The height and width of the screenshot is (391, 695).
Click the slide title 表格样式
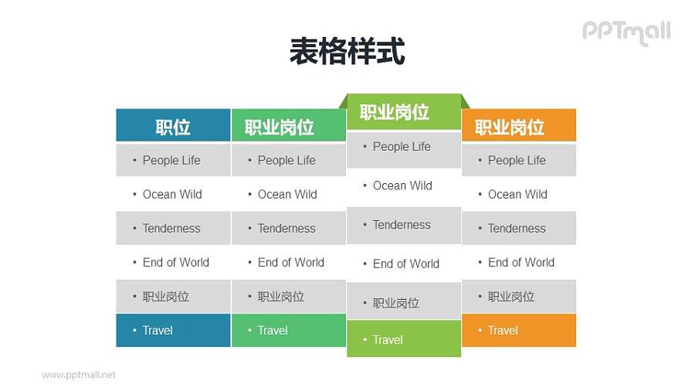pyautogui.click(x=347, y=52)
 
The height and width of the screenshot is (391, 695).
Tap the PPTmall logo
pyautogui.click(x=625, y=32)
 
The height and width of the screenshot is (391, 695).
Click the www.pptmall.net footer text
pyautogui.click(x=79, y=375)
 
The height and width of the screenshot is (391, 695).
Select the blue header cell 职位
pyautogui.click(x=173, y=126)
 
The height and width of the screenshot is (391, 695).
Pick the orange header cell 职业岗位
pyautogui.click(x=519, y=126)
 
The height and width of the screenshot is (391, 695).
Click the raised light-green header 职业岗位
pyautogui.click(x=403, y=112)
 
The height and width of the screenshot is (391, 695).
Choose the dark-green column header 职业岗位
pyautogui.click(x=288, y=126)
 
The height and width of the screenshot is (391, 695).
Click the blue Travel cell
pyautogui.click(x=173, y=330)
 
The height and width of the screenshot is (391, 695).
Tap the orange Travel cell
pyautogui.click(x=519, y=330)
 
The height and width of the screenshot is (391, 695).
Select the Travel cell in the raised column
pyautogui.click(x=403, y=340)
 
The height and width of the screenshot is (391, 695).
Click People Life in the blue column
pyautogui.click(x=173, y=160)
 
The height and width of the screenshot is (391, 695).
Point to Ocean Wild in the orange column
pyautogui.click(x=519, y=194)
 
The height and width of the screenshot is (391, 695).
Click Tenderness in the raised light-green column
pyautogui.click(x=403, y=225)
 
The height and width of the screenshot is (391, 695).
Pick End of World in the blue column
pyautogui.click(x=173, y=262)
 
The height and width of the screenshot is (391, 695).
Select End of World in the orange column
pyautogui.click(x=519, y=262)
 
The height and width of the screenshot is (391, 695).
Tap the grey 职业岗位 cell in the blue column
pyautogui.click(x=173, y=296)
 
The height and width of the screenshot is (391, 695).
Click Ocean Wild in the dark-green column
pyautogui.click(x=288, y=194)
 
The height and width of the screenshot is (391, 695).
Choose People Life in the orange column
pyautogui.click(x=519, y=160)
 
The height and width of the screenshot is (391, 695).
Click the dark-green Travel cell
pyautogui.click(x=288, y=330)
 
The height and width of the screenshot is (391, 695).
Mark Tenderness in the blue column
pyautogui.click(x=173, y=228)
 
